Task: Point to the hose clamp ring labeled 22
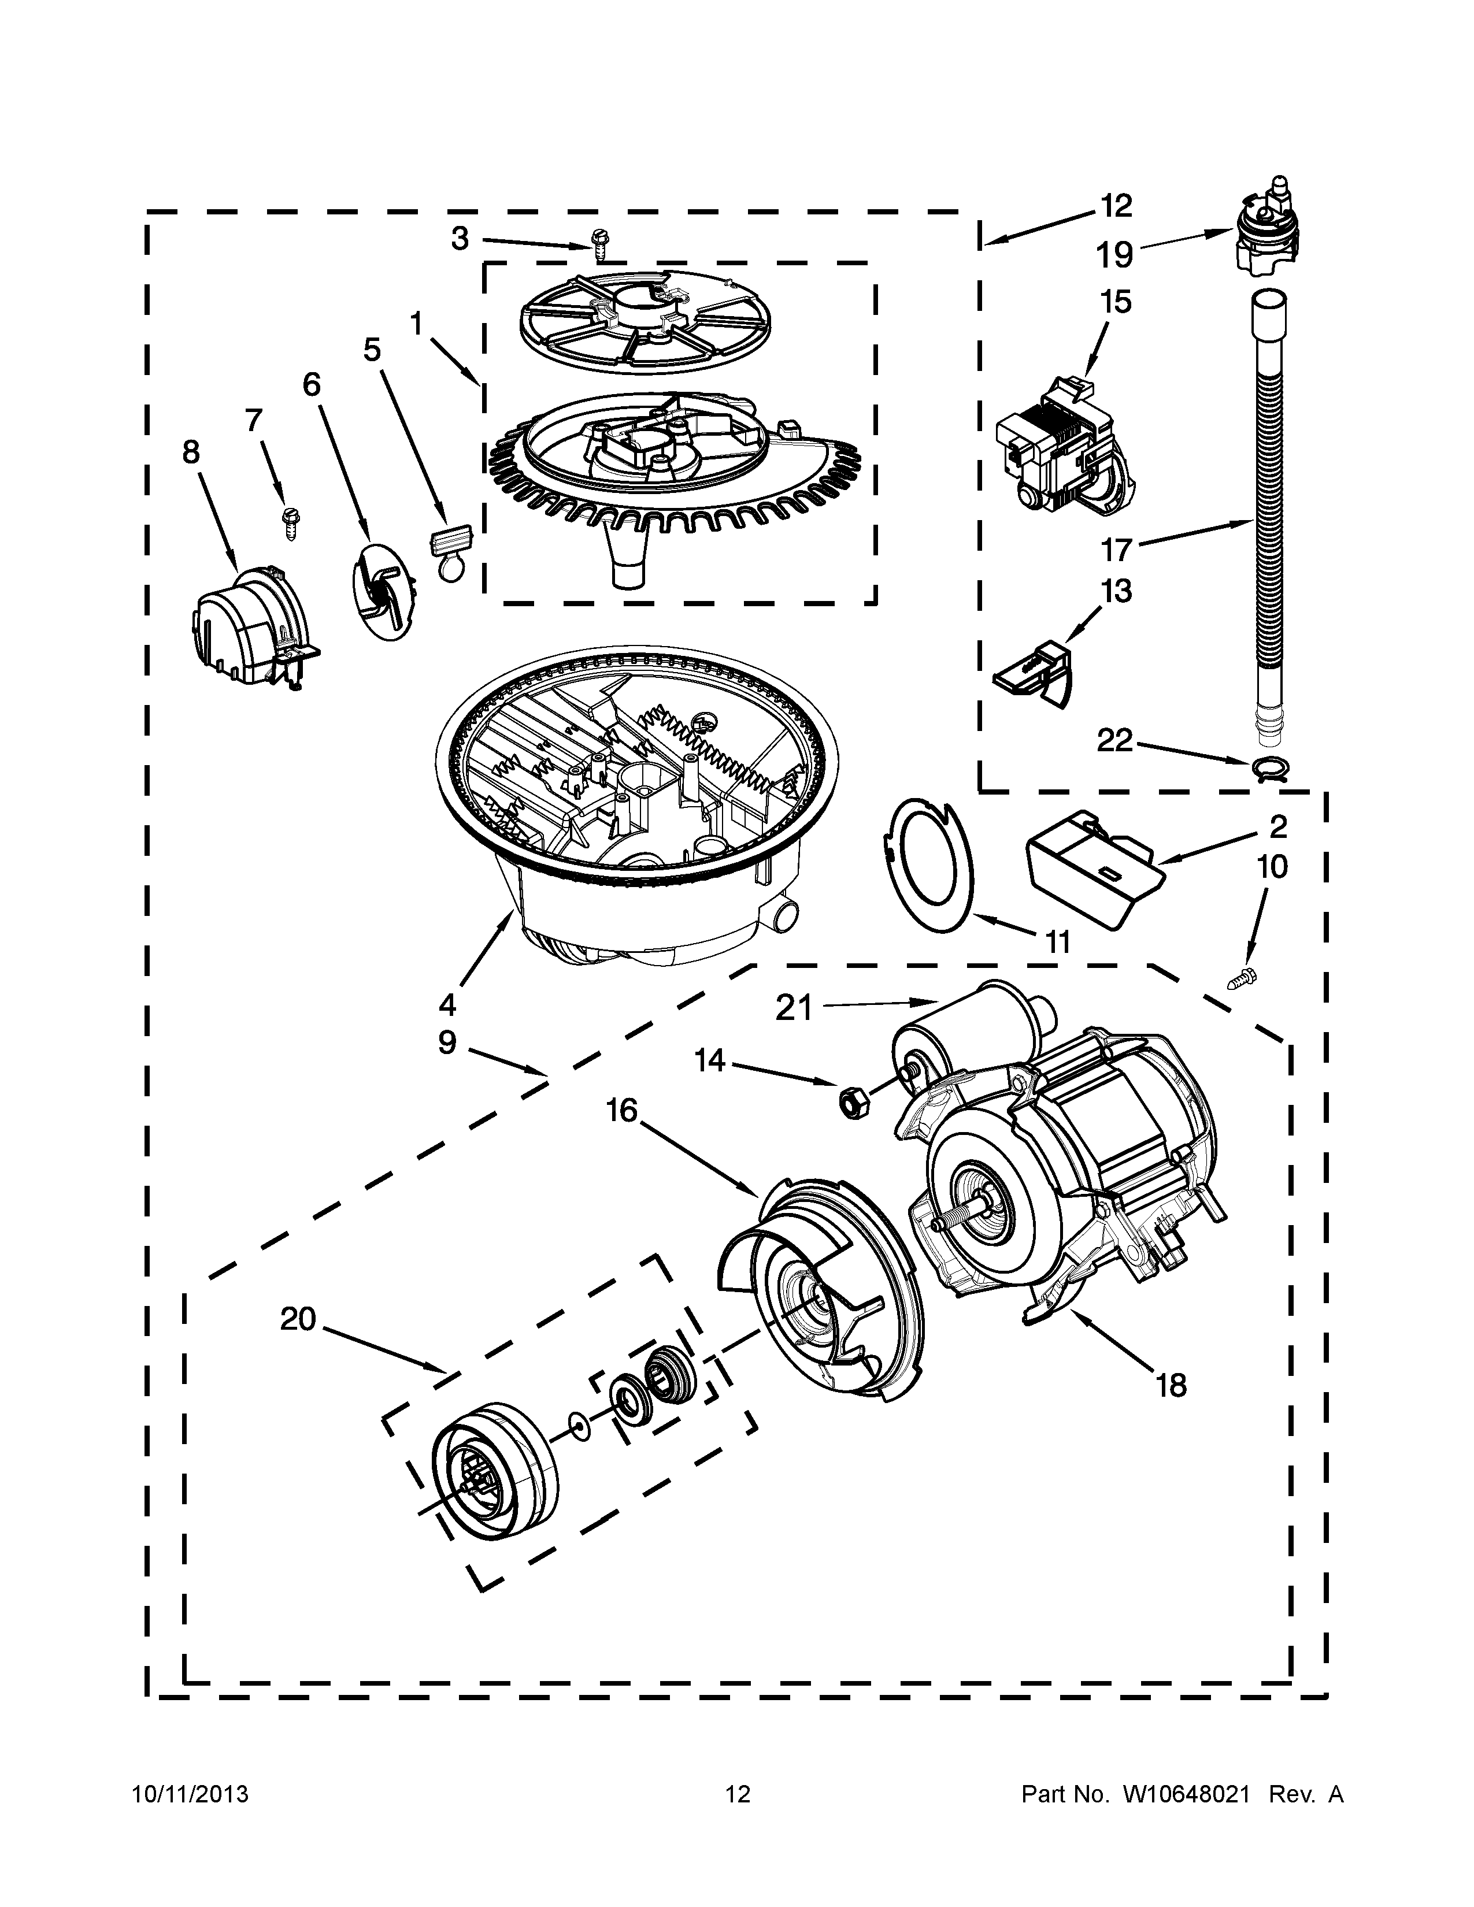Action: coord(1267,767)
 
